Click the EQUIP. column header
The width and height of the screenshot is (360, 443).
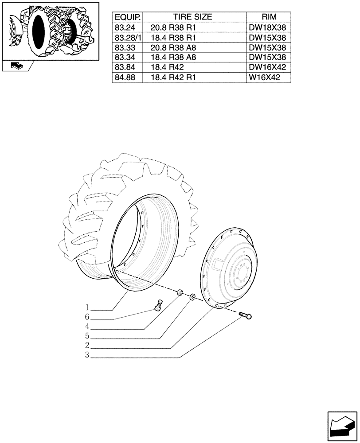128,17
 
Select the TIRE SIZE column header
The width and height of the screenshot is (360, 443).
192,17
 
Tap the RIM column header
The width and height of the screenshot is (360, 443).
269,17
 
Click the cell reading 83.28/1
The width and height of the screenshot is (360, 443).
128,38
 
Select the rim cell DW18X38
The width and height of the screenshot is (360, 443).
267,27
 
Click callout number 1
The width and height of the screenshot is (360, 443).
87,307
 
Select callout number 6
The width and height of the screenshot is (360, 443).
87,317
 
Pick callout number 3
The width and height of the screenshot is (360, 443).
87,355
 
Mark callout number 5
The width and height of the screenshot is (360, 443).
87,336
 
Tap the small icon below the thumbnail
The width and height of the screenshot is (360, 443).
16,66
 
